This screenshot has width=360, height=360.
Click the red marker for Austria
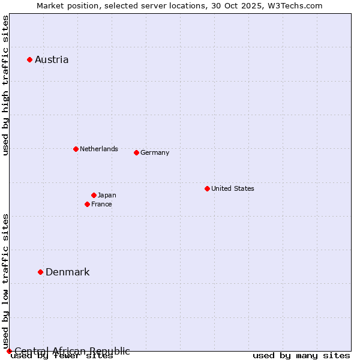pos(29,59)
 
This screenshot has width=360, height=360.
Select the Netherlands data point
pos(76,149)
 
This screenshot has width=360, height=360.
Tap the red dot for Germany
pos(136,152)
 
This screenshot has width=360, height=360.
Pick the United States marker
pos(207,188)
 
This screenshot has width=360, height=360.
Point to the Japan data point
pos(94,195)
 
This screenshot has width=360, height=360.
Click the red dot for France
pos(87,204)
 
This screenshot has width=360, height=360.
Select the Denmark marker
pos(40,272)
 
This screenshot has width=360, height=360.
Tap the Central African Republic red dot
pos(9,351)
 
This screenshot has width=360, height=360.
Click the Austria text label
pos(52,59)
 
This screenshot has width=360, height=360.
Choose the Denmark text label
pos(67,272)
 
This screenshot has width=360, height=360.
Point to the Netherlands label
pos(98,149)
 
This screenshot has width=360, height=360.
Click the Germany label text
pos(155,152)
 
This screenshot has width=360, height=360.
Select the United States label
pos(232,188)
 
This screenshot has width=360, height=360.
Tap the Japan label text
pos(107,195)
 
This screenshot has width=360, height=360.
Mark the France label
pos(101,204)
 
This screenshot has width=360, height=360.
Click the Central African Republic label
pos(72,351)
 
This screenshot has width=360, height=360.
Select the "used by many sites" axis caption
pos(301,356)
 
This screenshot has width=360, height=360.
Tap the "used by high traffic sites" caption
pos(5,86)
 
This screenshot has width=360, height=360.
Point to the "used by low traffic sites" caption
pos(5,281)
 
